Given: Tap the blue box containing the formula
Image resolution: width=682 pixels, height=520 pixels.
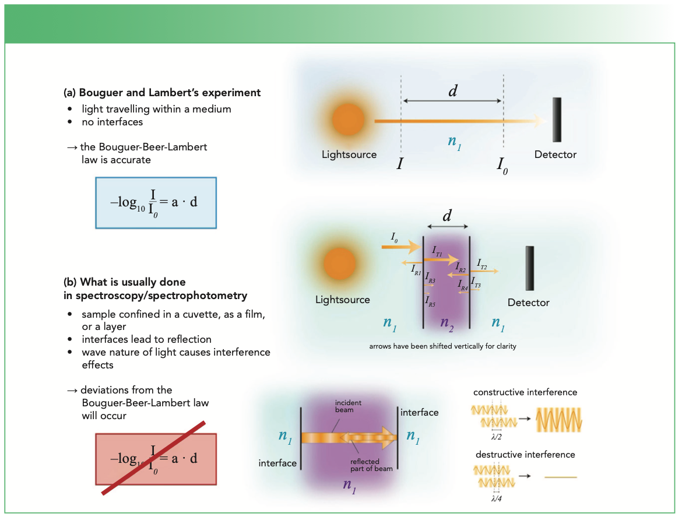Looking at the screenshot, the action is pos(156,202).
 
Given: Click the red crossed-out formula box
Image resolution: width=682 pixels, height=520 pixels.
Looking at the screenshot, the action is pos(156,459).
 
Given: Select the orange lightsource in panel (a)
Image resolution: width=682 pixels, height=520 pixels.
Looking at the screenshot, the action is pos(348,121).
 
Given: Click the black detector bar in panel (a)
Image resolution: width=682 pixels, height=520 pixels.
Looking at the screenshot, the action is pos(557,120).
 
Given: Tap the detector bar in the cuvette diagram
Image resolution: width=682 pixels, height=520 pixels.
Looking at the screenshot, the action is pos(529,268).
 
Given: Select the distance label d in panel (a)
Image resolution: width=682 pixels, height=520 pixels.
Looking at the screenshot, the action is pos(452,92).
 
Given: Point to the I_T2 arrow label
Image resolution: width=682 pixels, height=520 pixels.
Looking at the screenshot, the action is pos(481,263).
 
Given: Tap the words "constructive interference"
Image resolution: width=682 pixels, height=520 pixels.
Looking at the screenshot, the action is pos(525,392).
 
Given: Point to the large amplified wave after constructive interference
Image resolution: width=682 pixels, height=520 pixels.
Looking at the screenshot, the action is pos(559,419).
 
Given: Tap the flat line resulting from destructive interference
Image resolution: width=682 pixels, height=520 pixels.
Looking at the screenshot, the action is pos(560,477).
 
